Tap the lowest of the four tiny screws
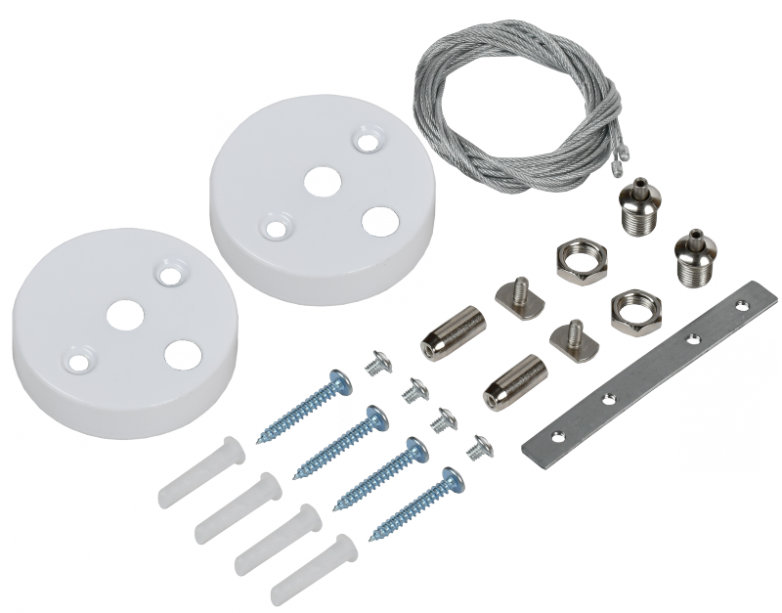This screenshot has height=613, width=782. coord(478,448)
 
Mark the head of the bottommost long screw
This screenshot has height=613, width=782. coord(451,478)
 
